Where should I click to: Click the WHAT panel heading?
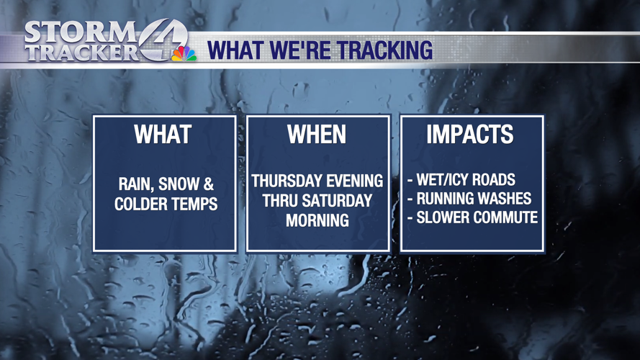click(165, 135)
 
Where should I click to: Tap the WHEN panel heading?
click(317, 135)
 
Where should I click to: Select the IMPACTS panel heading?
click(470, 135)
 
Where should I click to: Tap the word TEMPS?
click(196, 204)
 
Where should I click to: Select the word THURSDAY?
click(283, 181)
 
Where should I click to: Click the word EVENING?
click(352, 181)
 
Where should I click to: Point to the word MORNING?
click(317, 220)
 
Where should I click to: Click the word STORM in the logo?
click(79, 32)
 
